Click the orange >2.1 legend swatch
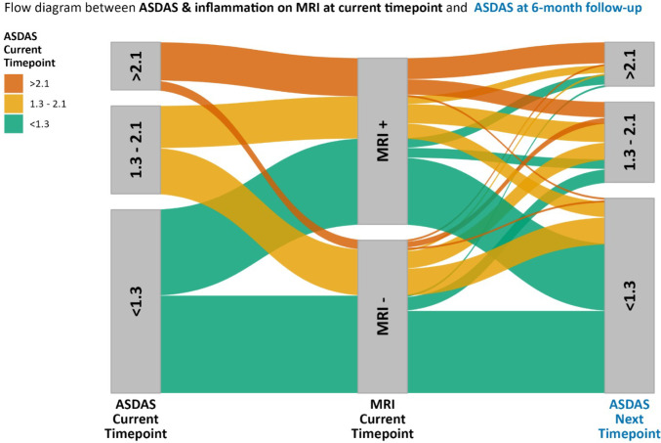(x=14, y=84)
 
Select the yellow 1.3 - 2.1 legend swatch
(x=14, y=104)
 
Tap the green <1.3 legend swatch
(x=14, y=124)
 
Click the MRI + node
(x=383, y=141)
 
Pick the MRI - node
(x=383, y=317)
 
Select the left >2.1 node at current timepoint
(x=136, y=66)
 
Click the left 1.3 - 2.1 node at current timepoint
(x=136, y=150)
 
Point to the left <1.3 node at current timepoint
(x=136, y=301)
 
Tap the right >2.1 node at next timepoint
(x=630, y=65)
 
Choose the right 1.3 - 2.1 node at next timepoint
(x=630, y=142)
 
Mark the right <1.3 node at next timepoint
(x=630, y=295)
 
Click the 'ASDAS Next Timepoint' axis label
(x=630, y=419)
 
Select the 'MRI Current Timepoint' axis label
(x=383, y=419)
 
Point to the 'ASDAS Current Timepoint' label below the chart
(x=136, y=419)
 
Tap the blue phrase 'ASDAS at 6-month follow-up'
(x=558, y=8)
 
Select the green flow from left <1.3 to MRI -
(x=260, y=344)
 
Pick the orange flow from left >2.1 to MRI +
(x=260, y=68)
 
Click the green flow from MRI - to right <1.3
(x=506, y=352)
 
